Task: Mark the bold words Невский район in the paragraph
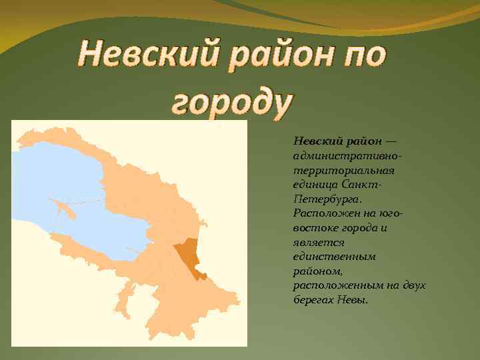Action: click(337, 141)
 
